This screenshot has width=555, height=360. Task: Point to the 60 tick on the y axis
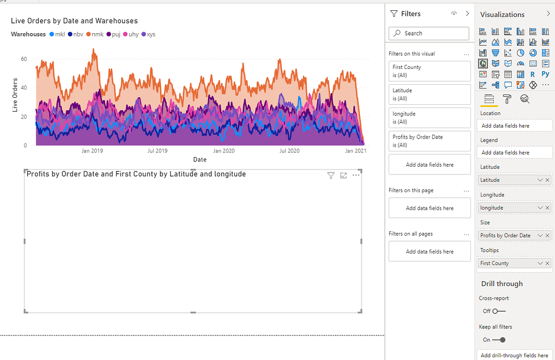[x=24, y=59]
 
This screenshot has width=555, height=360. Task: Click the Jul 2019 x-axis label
[x=158, y=151]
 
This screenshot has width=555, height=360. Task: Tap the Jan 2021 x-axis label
[x=356, y=151]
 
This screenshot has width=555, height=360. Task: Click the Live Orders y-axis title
[x=15, y=95]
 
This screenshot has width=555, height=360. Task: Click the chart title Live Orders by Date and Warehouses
[x=74, y=21]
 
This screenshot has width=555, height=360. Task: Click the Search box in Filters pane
[x=429, y=33]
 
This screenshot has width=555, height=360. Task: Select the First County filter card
[x=429, y=71]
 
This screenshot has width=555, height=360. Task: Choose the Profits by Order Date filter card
[x=429, y=141]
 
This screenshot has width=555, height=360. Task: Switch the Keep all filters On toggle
[x=499, y=340]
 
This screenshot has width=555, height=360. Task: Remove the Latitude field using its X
[x=547, y=180]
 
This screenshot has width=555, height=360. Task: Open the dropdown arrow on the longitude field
[x=540, y=207]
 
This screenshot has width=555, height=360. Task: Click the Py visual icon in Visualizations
[x=545, y=74]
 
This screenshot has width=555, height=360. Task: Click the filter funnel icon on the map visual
[x=331, y=175]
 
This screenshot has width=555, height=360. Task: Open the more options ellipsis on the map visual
[x=356, y=175]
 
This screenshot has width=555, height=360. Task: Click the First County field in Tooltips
[x=507, y=263]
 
